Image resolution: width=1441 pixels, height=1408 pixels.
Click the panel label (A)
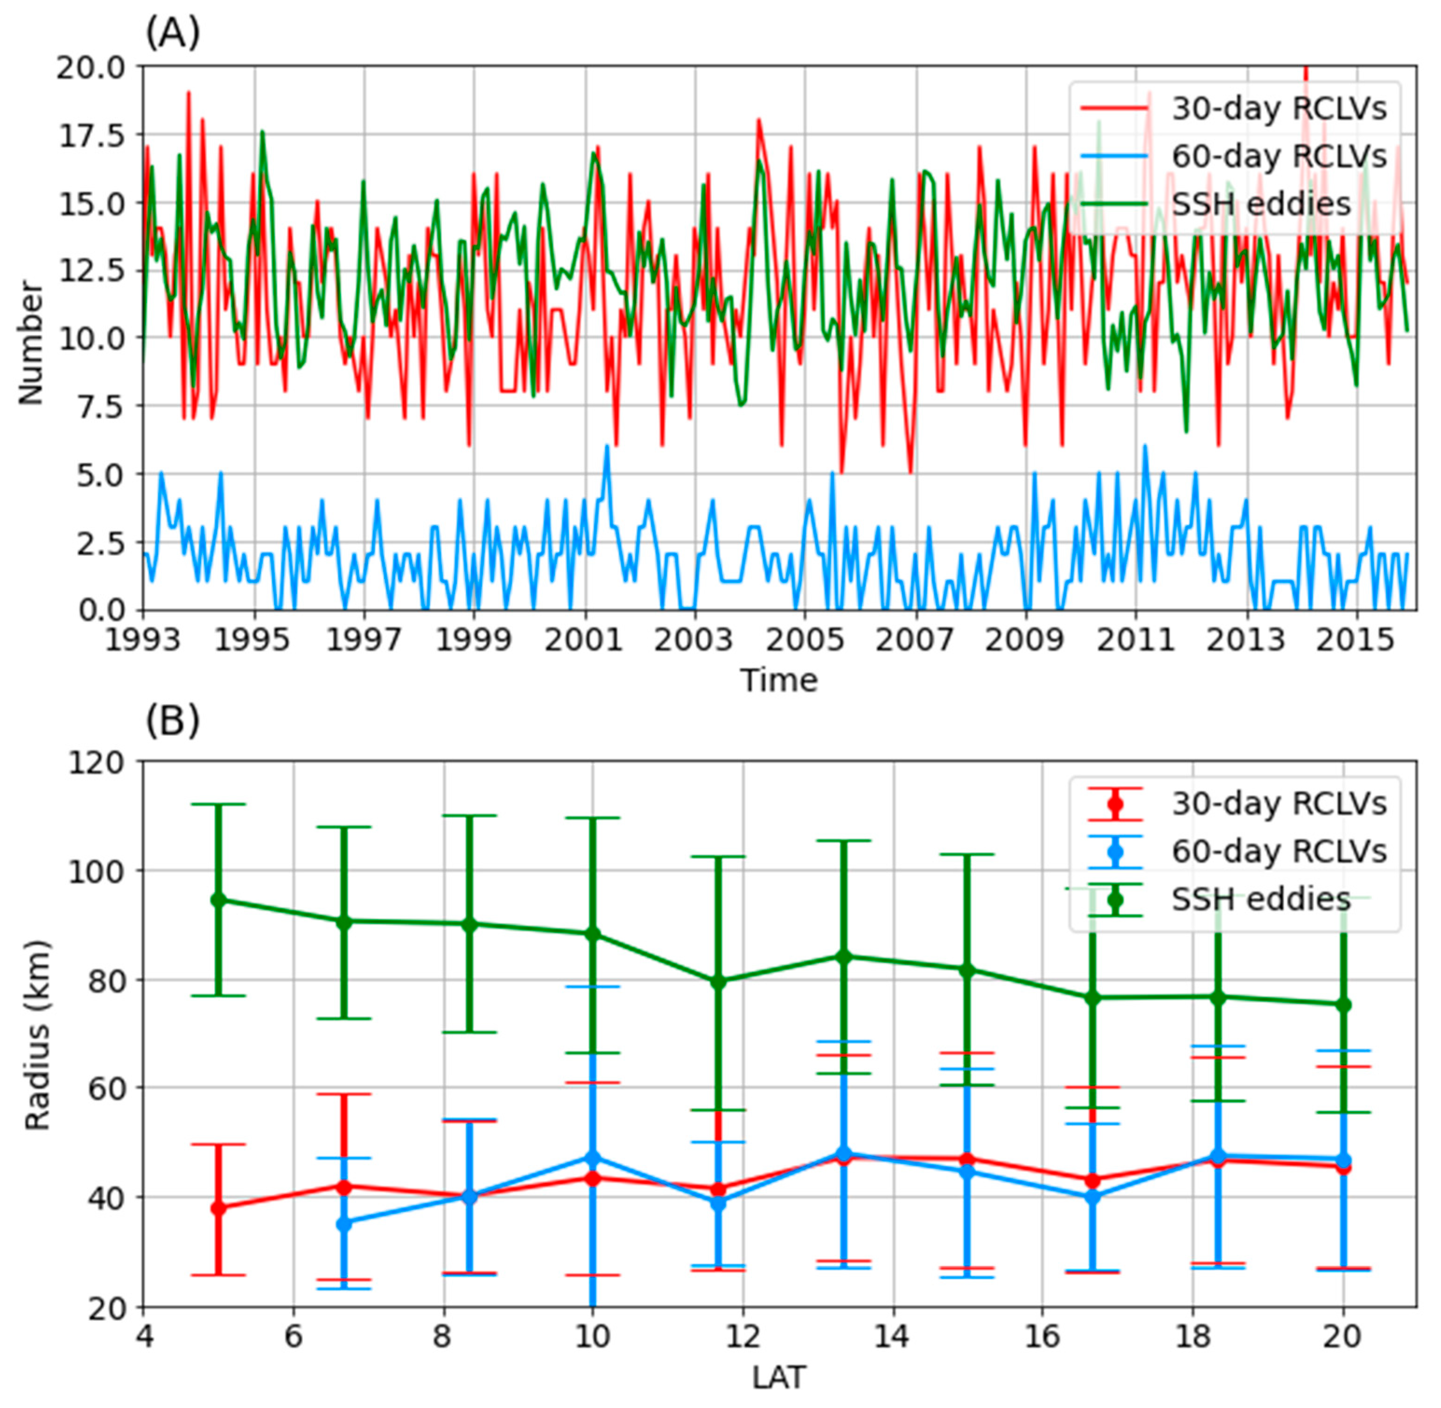click(x=172, y=33)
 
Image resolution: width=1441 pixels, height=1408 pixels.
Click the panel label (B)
click(x=172, y=721)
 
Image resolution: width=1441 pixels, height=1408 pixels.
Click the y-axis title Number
click(x=31, y=342)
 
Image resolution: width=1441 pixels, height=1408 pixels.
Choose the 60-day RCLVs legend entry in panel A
click(x=1278, y=156)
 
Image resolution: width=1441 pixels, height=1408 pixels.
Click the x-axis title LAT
click(x=779, y=1377)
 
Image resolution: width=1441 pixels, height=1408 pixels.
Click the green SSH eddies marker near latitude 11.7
click(x=718, y=981)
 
